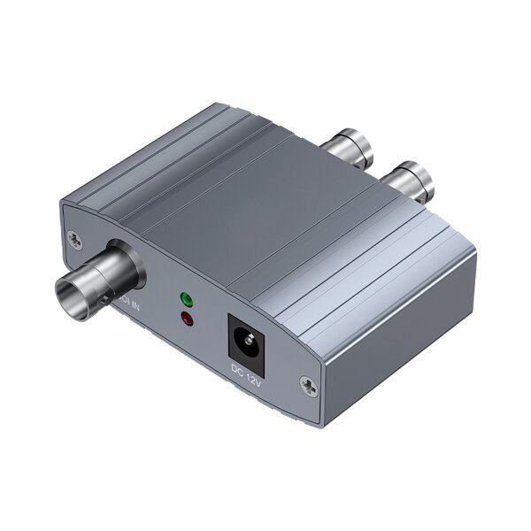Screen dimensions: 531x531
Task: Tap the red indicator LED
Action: (187, 319)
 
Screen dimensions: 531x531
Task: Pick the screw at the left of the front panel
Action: (74, 238)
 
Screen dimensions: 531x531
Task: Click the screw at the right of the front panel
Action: (306, 384)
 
